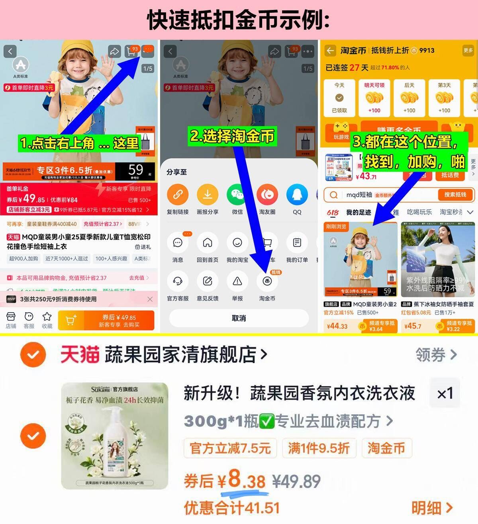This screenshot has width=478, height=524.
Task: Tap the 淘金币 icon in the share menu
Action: coord(267,282)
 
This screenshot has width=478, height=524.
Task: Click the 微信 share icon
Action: coord(237,195)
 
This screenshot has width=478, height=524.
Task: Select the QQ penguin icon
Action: coord(297,195)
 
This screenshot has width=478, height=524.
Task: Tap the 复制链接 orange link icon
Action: coord(178,195)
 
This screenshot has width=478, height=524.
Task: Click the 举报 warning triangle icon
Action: coord(237,282)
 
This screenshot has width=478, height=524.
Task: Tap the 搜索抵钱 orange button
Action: coord(454,195)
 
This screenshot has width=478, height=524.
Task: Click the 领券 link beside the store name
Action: coord(436,354)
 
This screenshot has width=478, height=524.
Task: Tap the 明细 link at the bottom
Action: coord(432,508)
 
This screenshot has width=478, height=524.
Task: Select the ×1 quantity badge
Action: coord(445,394)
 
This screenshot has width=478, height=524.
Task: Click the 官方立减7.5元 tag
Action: coord(230,448)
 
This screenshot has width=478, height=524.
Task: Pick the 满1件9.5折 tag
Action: coord(319,448)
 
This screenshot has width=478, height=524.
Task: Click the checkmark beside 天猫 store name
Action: coord(33,354)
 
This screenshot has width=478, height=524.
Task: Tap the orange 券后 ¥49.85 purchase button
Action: coord(106,320)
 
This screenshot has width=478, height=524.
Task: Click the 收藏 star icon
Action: coord(47,317)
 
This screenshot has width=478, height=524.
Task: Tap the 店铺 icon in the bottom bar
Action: coord(11,317)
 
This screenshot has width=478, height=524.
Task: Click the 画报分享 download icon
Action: coord(208,195)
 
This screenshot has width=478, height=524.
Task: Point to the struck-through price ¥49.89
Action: coord(296,481)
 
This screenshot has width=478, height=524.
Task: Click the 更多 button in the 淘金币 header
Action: coord(468,51)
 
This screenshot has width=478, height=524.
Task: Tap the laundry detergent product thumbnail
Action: coord(115,436)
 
